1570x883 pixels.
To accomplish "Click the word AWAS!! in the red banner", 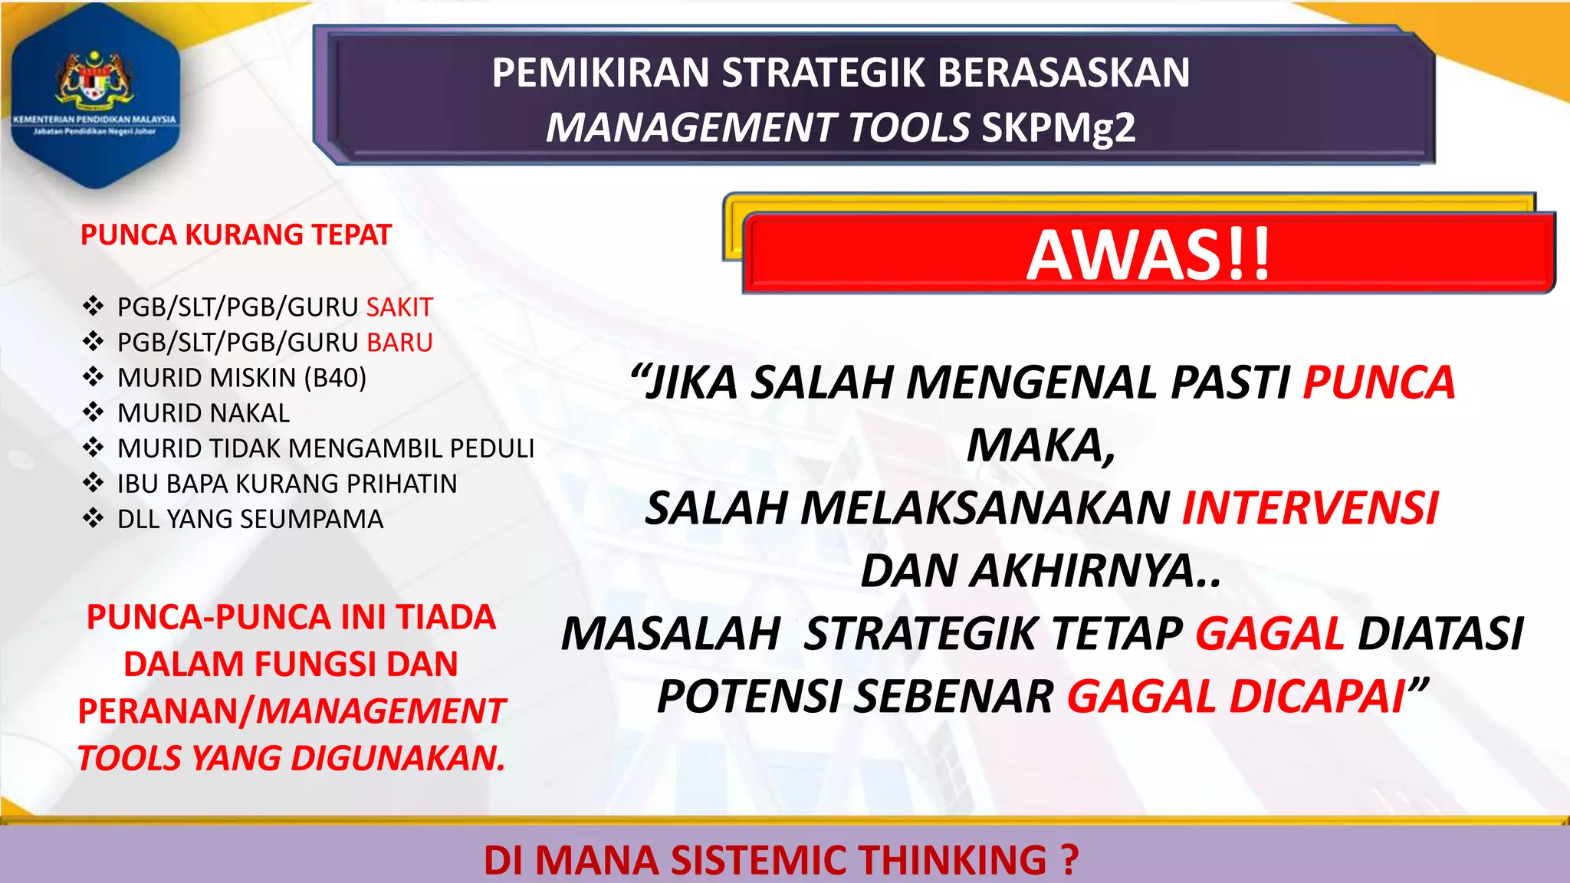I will [1148, 255].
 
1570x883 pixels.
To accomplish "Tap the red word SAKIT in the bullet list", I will [399, 307].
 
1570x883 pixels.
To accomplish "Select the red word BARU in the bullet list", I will [399, 343].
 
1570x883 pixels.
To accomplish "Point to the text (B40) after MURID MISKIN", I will [335, 378].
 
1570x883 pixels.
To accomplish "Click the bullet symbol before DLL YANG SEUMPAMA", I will [94, 519].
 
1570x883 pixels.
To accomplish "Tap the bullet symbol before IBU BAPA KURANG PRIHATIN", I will [94, 484].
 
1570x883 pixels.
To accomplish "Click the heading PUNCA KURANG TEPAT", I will [236, 235].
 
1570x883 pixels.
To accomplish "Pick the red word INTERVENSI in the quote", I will [1310, 508].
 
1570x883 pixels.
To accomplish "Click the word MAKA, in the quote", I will [1040, 445].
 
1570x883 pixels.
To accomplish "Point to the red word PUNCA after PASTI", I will [1378, 382].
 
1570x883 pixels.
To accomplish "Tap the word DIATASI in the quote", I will [1440, 634].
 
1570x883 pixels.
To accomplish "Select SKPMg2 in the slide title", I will [1058, 127].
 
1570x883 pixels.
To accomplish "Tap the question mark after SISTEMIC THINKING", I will [1070, 860].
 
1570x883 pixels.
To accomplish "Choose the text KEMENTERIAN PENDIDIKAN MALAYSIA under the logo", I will [94, 120].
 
